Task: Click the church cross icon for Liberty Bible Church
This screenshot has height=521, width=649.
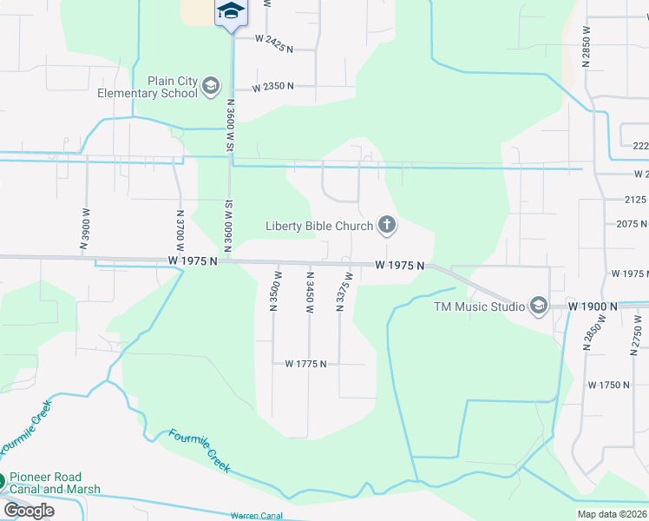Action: (x=387, y=227)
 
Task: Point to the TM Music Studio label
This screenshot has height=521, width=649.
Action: (x=480, y=307)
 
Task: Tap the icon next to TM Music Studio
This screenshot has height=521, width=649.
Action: (x=538, y=306)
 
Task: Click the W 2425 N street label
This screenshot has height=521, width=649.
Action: (x=276, y=38)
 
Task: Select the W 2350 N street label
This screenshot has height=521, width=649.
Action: (x=273, y=87)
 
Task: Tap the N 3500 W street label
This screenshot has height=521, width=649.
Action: (x=273, y=290)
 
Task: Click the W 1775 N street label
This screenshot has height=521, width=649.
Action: (x=305, y=364)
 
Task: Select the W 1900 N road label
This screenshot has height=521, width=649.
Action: (x=593, y=307)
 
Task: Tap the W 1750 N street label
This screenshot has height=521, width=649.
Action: (x=608, y=385)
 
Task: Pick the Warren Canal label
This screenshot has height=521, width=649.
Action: (x=256, y=516)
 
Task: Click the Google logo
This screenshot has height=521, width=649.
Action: (x=29, y=511)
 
